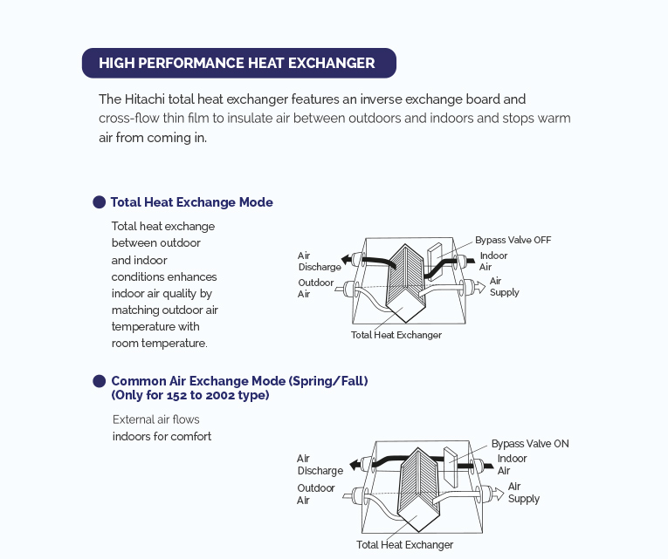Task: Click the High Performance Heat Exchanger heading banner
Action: pyautogui.click(x=238, y=63)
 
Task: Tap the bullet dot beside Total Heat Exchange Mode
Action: pyautogui.click(x=100, y=202)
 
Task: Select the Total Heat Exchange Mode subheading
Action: pyautogui.click(x=191, y=202)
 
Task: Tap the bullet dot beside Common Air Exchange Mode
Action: pyautogui.click(x=100, y=381)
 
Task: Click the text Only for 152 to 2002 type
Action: pyautogui.click(x=190, y=395)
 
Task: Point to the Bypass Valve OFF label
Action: pyautogui.click(x=513, y=240)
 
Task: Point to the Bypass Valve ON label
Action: pyautogui.click(x=529, y=444)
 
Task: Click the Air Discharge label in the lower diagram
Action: pyautogui.click(x=319, y=465)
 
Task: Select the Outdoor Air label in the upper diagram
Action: pyautogui.click(x=315, y=289)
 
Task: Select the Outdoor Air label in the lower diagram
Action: pyautogui.click(x=315, y=494)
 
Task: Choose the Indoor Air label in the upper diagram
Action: pyautogui.click(x=493, y=262)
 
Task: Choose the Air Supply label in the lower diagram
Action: pyautogui.click(x=523, y=493)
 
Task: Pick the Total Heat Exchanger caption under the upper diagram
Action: pyautogui.click(x=396, y=335)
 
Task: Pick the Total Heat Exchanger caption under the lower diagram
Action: pyautogui.click(x=404, y=545)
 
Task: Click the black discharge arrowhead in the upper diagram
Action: pyautogui.click(x=348, y=259)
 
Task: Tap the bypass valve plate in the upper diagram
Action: pyautogui.click(x=435, y=256)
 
